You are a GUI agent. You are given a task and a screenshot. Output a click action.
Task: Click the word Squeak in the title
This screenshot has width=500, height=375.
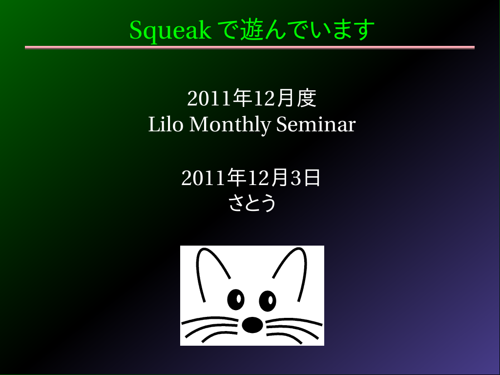(170, 31)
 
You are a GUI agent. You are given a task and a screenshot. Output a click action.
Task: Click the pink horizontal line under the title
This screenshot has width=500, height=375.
(250, 47)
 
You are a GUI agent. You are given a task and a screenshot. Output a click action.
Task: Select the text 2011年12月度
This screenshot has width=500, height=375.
(251, 98)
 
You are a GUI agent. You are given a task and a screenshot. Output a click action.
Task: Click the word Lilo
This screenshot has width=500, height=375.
(166, 124)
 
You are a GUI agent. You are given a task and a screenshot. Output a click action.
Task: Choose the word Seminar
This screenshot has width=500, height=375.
(316, 124)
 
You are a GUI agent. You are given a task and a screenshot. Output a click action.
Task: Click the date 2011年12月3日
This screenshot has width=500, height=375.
(251, 178)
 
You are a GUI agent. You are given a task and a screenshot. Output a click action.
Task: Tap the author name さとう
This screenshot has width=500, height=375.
(252, 203)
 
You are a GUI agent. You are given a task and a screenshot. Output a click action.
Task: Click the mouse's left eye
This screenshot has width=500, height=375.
(236, 300)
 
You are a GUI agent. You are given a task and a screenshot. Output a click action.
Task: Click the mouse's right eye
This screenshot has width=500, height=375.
(268, 301)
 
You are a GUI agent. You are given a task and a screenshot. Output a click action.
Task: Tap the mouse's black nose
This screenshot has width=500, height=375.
(252, 325)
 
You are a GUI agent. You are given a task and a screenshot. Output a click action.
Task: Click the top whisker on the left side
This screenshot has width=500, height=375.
(210, 319)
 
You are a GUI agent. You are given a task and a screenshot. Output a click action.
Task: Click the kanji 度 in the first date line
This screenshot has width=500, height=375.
(307, 98)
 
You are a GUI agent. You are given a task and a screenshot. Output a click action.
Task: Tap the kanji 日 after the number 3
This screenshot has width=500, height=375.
(312, 178)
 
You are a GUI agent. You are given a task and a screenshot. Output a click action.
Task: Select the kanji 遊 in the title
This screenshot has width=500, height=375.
(251, 29)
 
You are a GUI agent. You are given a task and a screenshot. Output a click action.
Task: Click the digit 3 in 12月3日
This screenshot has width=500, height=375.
(295, 178)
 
